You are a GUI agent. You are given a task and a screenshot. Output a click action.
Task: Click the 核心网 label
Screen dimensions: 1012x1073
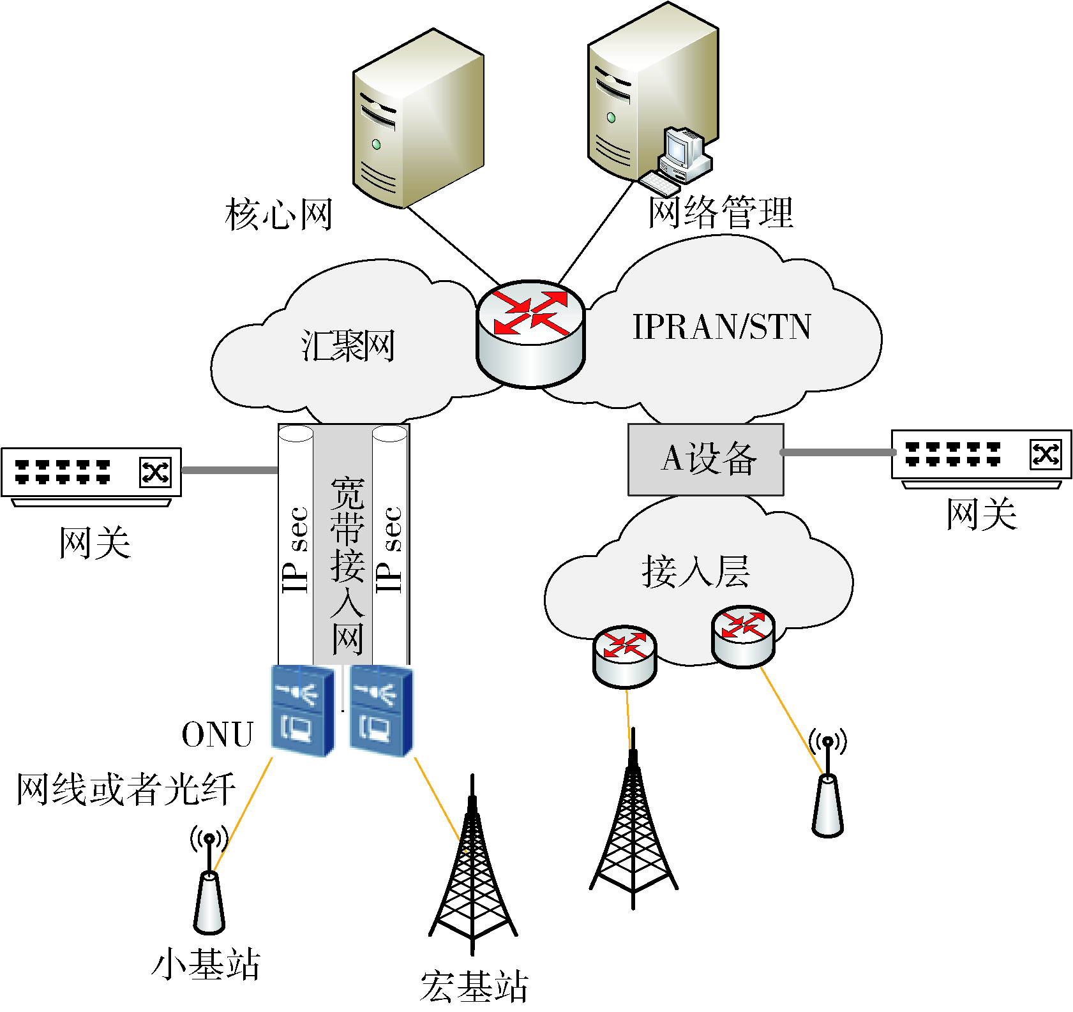coord(279,215)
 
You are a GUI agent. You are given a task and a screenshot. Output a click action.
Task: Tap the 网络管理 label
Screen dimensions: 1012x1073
coord(721,212)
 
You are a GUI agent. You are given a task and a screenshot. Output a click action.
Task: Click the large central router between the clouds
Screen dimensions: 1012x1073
coord(530,333)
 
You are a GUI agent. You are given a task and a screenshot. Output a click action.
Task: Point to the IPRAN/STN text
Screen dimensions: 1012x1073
coord(721,327)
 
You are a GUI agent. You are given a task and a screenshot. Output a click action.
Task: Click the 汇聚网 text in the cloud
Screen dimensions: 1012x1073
coord(348,346)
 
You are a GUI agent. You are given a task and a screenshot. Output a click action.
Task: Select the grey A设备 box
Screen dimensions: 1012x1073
coord(705,459)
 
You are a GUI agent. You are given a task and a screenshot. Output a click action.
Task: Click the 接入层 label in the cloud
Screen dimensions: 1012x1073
coord(696,571)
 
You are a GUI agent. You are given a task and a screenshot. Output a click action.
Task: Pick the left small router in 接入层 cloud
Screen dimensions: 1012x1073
coord(624,657)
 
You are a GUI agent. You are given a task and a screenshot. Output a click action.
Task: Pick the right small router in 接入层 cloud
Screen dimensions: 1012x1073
coord(743,636)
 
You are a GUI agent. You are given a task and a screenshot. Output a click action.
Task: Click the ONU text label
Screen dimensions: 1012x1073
coord(218,734)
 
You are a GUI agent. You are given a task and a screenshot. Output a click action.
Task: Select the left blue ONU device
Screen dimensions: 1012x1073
coord(303,710)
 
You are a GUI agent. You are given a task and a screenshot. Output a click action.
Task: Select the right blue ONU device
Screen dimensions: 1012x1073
coord(381,710)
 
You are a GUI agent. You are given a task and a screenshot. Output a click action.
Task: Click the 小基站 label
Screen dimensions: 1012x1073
coord(206,964)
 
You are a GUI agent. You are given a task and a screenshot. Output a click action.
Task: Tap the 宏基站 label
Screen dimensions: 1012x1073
coord(474,986)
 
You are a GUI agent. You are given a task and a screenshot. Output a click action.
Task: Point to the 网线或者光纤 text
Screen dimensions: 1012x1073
coord(126,789)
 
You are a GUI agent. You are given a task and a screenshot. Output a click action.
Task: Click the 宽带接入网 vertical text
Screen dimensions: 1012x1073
coord(347,565)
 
